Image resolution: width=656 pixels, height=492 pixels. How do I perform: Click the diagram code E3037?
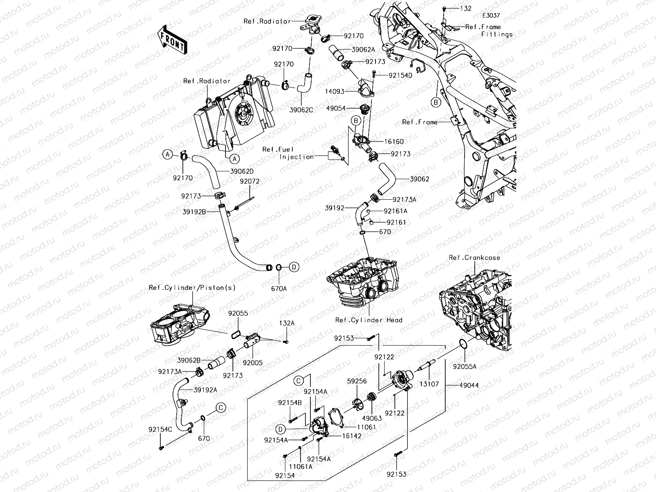click(491, 16)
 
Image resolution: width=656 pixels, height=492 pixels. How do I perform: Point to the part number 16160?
click(394, 141)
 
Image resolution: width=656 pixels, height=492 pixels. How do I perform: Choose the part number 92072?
click(250, 181)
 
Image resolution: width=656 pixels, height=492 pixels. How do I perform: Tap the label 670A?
click(279, 289)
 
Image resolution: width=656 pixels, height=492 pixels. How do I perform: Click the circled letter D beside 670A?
click(294, 267)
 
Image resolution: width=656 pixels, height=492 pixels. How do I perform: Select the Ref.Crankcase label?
click(474, 257)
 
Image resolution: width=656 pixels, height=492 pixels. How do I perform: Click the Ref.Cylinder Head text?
click(369, 320)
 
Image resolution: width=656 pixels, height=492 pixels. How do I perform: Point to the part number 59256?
click(357, 381)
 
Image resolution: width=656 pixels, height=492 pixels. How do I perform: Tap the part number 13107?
click(429, 384)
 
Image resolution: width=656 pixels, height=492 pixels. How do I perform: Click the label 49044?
click(469, 385)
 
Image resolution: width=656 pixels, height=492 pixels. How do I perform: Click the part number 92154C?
click(160, 429)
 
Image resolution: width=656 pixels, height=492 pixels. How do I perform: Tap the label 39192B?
click(194, 212)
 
